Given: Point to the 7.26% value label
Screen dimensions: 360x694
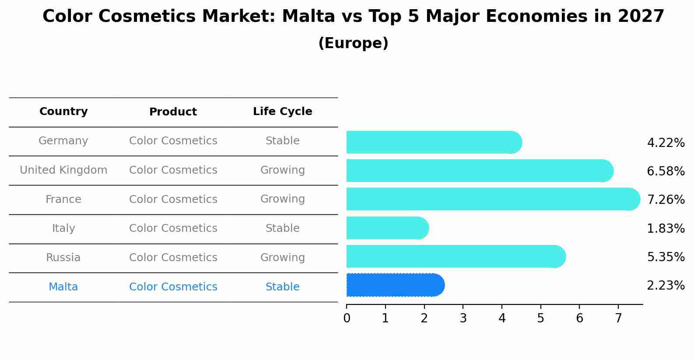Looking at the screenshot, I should tap(666, 200).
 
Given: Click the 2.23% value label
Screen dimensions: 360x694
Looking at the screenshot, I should tap(666, 286).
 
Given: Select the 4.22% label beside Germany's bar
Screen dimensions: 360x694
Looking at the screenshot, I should tap(666, 143).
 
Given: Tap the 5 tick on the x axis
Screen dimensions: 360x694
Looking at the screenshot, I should tap(541, 318).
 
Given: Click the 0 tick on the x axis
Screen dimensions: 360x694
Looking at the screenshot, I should tap(347, 318).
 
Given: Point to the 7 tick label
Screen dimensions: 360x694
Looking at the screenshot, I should tap(618, 318).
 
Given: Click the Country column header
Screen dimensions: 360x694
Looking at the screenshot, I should tap(63, 112).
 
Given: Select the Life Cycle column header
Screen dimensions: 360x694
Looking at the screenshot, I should tap(282, 112).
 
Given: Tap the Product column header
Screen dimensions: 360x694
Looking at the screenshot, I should tap(173, 112).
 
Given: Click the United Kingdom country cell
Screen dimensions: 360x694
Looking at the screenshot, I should tap(63, 170).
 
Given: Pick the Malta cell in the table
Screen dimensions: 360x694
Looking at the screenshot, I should tap(63, 287).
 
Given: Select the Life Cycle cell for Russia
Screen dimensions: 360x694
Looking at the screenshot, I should tap(282, 258).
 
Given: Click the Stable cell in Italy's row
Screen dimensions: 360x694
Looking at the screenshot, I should tap(282, 228).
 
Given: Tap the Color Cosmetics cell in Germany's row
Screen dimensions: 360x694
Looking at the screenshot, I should tap(173, 141).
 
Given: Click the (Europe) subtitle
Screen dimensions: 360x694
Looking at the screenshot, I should tap(353, 43).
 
